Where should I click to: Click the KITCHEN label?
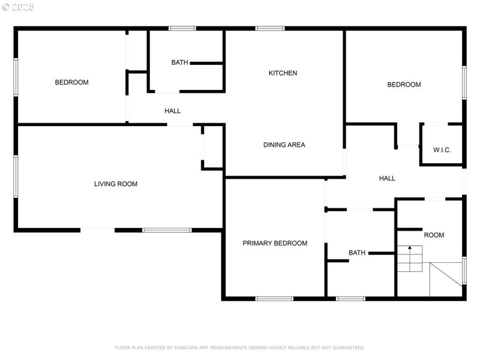click(x=283, y=73)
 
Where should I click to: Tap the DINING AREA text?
click(x=284, y=145)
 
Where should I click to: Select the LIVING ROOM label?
click(x=116, y=184)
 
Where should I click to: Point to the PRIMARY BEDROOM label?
click(x=275, y=244)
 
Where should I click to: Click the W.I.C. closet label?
click(x=442, y=150)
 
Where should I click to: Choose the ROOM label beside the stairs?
click(x=434, y=235)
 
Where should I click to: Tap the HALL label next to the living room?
click(x=172, y=111)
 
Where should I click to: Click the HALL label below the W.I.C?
click(x=387, y=178)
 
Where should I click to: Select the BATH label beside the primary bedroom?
click(x=357, y=253)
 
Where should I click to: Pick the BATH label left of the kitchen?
click(x=179, y=62)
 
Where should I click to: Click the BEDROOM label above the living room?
click(x=71, y=82)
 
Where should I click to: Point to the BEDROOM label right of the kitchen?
click(x=404, y=85)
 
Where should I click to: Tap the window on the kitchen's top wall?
click(x=270, y=28)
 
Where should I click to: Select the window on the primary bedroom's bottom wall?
click(x=274, y=299)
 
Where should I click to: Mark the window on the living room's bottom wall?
click(x=167, y=230)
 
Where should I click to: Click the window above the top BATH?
click(x=182, y=28)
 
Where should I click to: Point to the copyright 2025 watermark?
click(x=18, y=7)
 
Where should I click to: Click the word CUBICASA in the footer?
click(x=187, y=348)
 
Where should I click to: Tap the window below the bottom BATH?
click(x=350, y=299)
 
